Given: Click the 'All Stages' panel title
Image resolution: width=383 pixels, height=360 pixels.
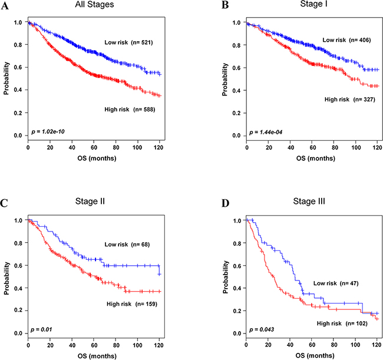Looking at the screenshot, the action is pos(94,5).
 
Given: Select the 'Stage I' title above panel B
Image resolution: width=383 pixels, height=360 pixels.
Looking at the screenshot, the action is pos(313,4).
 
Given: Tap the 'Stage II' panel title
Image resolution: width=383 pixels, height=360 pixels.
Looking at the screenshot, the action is pos(90,202).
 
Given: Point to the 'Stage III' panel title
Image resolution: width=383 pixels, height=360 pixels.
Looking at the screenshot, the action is pos(309,202).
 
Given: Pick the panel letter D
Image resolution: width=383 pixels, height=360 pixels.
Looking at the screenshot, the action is pos(225,203).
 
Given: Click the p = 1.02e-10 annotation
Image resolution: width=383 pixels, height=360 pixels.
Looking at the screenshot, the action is pos(48,132).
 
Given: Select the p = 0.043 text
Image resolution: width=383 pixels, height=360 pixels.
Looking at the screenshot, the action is pos(262,330).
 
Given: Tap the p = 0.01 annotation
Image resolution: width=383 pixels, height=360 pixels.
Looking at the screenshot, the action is pos(41,330).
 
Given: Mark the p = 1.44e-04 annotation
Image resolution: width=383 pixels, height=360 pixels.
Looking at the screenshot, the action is pos(266,133).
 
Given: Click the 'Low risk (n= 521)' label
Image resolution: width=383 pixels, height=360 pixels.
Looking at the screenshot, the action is pos(128,42).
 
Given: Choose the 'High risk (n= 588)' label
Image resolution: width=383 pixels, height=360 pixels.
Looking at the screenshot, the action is pos(130,110).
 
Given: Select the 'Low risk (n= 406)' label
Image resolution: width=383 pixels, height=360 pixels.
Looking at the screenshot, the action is pos(346,40).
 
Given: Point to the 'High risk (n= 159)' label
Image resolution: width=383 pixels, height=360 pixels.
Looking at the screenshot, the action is pos(132,304).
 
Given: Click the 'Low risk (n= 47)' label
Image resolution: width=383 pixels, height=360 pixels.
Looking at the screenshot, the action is pos(336,283).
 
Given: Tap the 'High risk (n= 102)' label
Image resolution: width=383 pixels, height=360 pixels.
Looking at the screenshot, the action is pos(342,323).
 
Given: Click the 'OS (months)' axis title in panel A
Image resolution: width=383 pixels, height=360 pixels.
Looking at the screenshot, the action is pos(97,158).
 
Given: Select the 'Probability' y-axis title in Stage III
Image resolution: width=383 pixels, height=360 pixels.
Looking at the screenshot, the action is pos(225,277).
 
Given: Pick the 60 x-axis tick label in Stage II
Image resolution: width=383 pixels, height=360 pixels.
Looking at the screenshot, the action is pos(94,345).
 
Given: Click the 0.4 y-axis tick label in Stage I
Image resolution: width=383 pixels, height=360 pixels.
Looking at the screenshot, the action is pos(236,91).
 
